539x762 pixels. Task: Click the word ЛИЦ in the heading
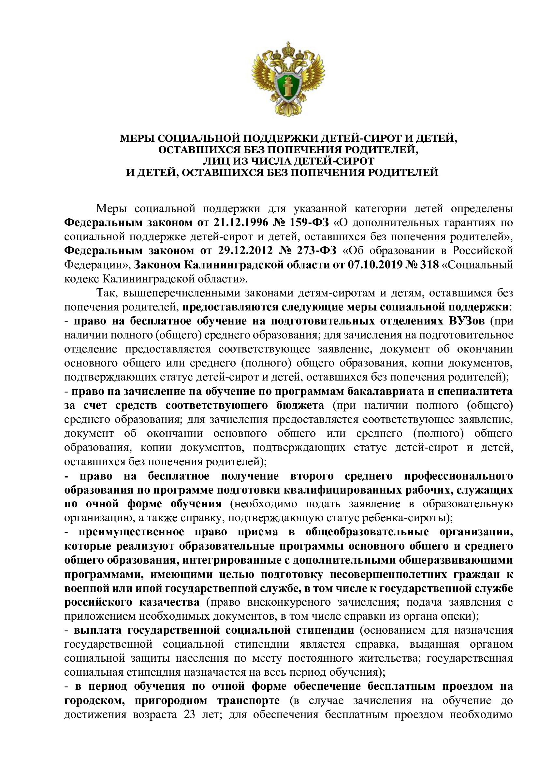pyautogui.click(x=214, y=161)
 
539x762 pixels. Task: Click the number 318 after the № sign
pyautogui.click(x=429, y=265)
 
